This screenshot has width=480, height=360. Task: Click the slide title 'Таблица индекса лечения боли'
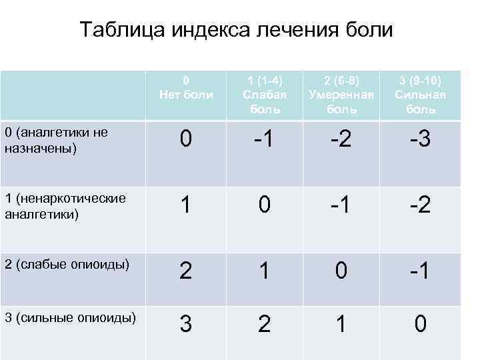pos(237,30)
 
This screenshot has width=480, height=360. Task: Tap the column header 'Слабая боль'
pos(263,95)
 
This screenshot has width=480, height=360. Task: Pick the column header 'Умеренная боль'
pos(341,95)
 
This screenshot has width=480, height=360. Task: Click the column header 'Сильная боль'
pos(420,95)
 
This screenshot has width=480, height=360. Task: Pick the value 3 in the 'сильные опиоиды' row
pos(187,325)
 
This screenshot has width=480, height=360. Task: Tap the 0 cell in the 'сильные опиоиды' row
pos(420,325)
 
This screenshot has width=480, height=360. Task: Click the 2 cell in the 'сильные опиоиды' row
pos(264,325)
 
